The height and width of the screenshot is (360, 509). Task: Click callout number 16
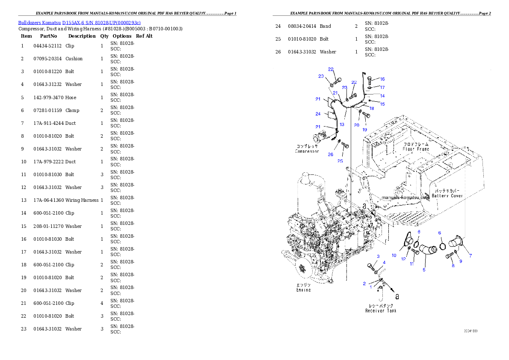pyautogui.click(x=382, y=79)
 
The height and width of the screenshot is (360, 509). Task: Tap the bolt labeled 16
pyautogui.click(x=370, y=79)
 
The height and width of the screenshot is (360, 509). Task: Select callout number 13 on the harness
pyautogui.click(x=342, y=124)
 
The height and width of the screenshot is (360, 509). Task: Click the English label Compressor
pyautogui.click(x=307, y=151)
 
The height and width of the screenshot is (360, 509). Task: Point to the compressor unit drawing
pyautogui.click(x=321, y=138)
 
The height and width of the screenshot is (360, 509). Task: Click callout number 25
pyautogui.click(x=340, y=161)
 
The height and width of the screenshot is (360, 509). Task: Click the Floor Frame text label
pyautogui.click(x=416, y=149)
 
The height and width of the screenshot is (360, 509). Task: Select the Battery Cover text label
pyautogui.click(x=447, y=196)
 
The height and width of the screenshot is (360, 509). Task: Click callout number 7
pyautogui.click(x=470, y=256)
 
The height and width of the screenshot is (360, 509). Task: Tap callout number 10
pyautogui.click(x=394, y=255)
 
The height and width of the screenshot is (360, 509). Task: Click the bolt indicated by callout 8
pyautogui.click(x=449, y=256)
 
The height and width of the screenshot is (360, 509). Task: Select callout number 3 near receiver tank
pyautogui.click(x=378, y=256)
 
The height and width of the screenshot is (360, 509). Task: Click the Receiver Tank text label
pyautogui.click(x=381, y=311)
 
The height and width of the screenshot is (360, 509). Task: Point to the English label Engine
pyautogui.click(x=303, y=290)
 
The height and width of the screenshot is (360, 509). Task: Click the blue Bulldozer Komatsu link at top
pyautogui.click(x=79, y=22)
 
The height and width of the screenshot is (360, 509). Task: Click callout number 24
pyautogui.click(x=318, y=114)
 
